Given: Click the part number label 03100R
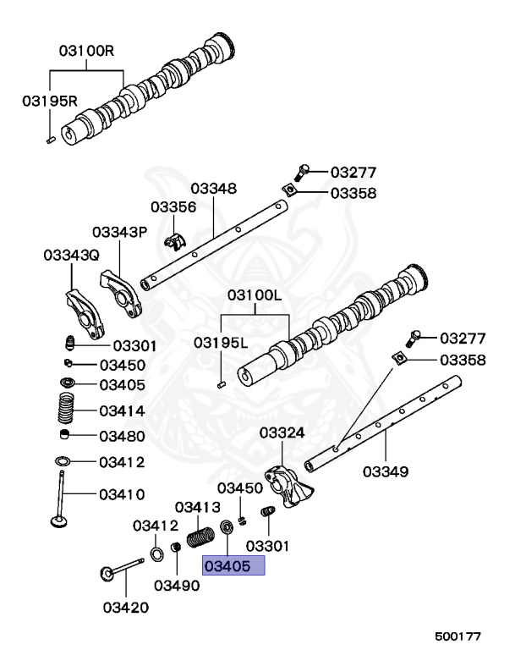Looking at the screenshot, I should tap(86, 51).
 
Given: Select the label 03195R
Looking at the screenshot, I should tap(49, 101).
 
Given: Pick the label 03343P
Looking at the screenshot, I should tap(120, 231).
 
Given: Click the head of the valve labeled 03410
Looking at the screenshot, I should tap(59, 522).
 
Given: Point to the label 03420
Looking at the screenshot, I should tap(125, 606).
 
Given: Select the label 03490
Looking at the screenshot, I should tap(177, 585).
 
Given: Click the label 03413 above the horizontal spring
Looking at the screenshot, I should tap(198, 507).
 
